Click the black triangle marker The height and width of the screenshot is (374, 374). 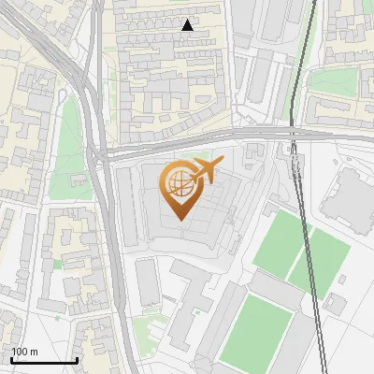pyautogui.click(x=188, y=26)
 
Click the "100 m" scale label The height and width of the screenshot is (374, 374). pyautogui.click(x=24, y=352)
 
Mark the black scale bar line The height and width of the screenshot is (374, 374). pyautogui.click(x=44, y=360)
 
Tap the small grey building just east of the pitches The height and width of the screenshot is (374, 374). pyautogui.click(x=334, y=304)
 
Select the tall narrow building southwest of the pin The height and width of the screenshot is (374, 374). pyautogui.click(x=148, y=281)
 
